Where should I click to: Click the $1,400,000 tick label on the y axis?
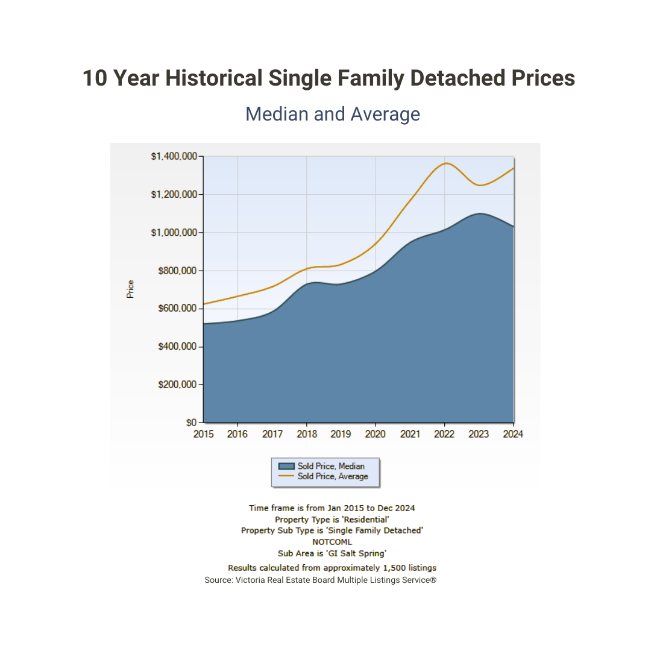(174, 156)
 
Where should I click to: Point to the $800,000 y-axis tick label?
(178, 271)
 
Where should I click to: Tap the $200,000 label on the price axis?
(178, 385)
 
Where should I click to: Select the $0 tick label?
(192, 423)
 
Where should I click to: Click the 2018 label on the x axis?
(307, 434)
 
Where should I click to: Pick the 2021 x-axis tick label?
(410, 434)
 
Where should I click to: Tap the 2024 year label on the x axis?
(513, 434)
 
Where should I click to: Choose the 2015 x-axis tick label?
(204, 434)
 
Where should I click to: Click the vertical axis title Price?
(130, 289)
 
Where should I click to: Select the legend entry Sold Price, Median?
(331, 466)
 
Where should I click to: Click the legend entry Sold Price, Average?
(332, 476)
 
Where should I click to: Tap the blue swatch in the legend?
(286, 466)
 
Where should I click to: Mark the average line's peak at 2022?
(445, 163)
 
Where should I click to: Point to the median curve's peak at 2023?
(480, 213)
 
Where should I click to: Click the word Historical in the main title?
(214, 78)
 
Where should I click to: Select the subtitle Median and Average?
(333, 114)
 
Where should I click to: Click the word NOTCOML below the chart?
(332, 541)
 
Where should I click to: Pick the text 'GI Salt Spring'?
(356, 553)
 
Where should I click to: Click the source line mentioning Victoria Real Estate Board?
(320, 580)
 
